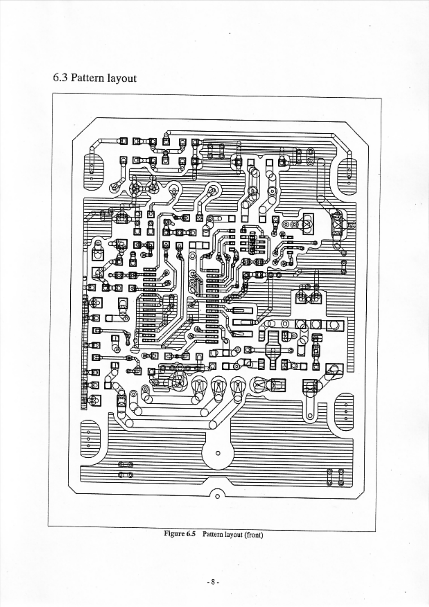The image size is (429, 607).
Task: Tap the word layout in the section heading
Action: (x=121, y=79)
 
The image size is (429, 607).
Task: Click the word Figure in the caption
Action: (x=174, y=533)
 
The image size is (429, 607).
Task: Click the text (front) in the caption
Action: (x=254, y=535)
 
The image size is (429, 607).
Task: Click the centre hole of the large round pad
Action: (x=217, y=453)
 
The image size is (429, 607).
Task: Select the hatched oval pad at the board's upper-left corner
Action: (x=94, y=172)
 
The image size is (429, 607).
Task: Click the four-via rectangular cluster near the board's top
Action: (x=215, y=151)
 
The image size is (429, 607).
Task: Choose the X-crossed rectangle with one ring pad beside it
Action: (x=338, y=224)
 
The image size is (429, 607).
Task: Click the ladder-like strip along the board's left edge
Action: (x=85, y=351)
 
